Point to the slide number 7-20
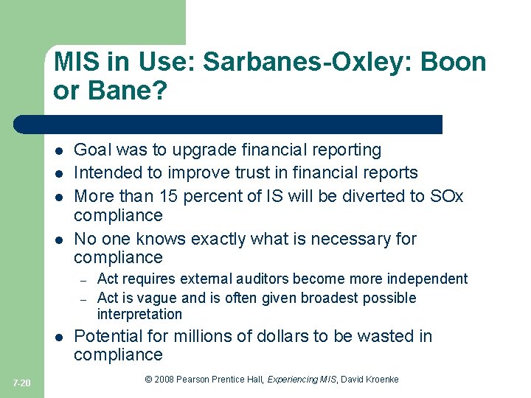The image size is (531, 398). (22, 383)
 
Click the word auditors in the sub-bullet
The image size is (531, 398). (274, 279)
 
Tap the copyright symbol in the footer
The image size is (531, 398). (148, 380)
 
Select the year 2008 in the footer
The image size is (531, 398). (164, 380)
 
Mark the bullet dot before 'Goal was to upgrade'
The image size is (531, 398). (58, 151)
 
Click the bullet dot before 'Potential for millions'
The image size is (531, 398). (58, 338)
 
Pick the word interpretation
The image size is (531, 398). (139, 315)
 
